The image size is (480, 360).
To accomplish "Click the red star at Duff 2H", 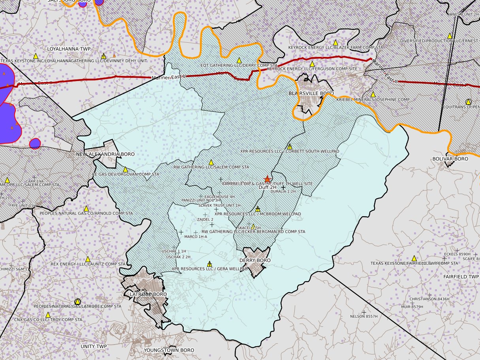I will [x=267, y=179].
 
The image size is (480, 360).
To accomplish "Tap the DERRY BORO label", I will [x=255, y=260].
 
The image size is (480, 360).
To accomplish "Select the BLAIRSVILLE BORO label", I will [x=311, y=93].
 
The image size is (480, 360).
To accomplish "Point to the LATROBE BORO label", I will [x=149, y=294].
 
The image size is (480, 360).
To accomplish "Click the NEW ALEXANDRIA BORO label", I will [x=105, y=154].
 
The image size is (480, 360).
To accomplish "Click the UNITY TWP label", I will [x=94, y=346].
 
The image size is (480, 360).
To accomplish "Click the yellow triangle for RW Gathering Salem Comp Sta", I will [x=211, y=162].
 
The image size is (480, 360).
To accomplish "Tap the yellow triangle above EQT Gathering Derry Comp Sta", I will [x=239, y=60].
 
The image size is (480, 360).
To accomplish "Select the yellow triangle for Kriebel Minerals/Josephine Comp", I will [x=373, y=94].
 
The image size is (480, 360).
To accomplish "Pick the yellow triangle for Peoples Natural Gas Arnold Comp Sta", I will [x=86, y=208].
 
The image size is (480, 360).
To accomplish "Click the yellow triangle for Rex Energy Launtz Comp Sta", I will [x=88, y=259].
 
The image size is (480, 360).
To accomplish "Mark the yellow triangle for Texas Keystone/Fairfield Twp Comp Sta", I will [x=414, y=258].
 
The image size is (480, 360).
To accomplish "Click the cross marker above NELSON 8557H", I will [x=364, y=312].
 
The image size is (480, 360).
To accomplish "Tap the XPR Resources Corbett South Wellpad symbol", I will [x=290, y=146].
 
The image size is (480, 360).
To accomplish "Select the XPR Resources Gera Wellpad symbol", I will [x=209, y=264].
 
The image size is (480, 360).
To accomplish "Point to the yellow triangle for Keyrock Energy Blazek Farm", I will [x=335, y=42].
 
